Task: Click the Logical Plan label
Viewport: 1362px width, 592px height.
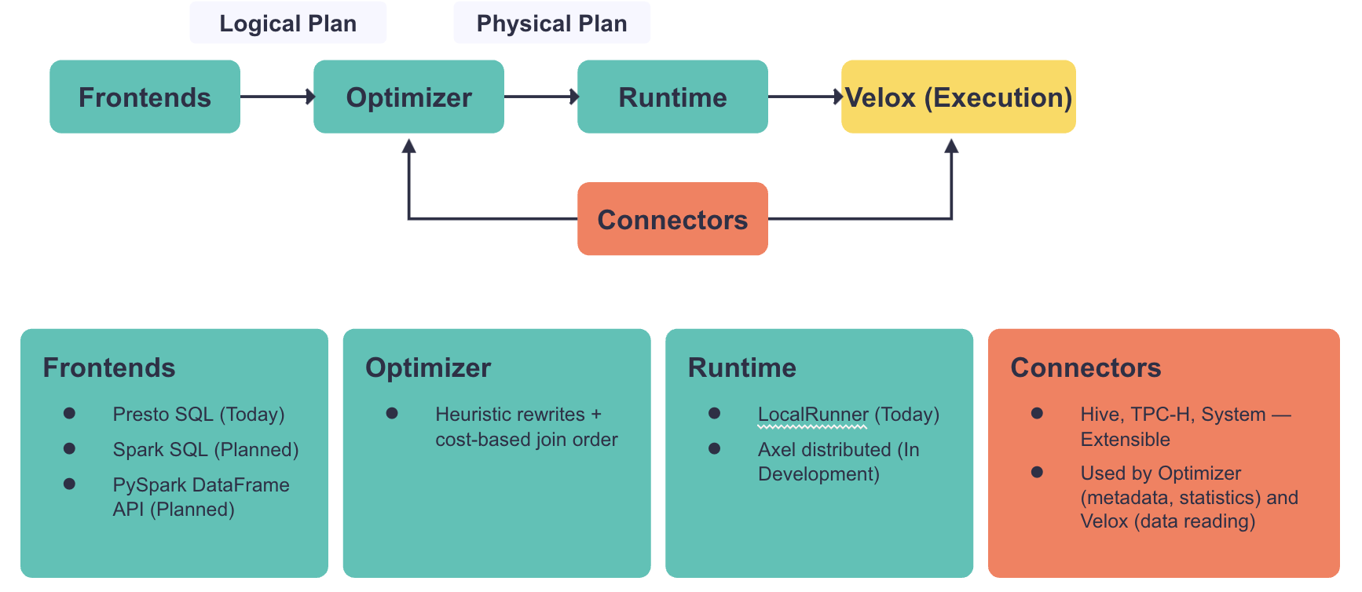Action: coord(287,24)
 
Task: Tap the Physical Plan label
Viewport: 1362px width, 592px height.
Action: coord(551,24)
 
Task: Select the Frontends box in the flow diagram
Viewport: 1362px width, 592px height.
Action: coord(145,97)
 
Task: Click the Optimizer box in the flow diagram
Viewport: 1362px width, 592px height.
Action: coord(408,97)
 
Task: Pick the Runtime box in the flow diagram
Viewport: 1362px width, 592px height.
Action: coord(672,97)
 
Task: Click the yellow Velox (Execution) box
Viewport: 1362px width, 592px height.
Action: coord(958,97)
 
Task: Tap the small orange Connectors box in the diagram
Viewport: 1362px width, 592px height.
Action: coord(672,219)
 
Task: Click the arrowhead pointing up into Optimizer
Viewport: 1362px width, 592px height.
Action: coord(408,146)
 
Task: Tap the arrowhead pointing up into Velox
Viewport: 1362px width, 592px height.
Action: coord(951,146)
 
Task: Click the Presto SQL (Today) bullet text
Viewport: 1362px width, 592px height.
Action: coord(199,415)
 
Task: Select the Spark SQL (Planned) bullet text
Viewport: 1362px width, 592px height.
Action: coord(206,450)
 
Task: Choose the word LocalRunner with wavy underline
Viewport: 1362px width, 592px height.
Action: coord(813,415)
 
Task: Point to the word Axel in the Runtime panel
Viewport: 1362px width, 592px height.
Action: coord(777,450)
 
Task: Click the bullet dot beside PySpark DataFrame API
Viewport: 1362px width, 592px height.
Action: coord(69,484)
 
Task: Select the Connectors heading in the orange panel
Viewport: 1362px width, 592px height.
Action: coord(1086,367)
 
